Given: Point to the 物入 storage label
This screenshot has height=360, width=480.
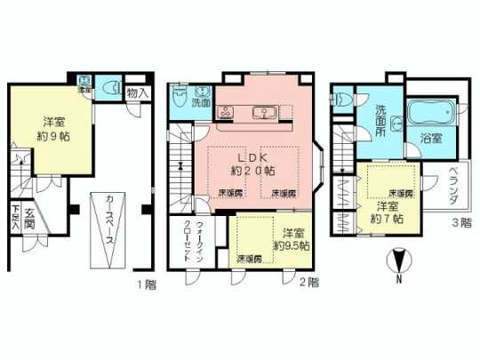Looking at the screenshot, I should [x=137, y=91].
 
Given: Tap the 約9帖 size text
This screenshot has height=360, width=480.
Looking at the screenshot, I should [x=53, y=138].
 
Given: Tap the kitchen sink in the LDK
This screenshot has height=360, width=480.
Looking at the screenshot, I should [x=264, y=112].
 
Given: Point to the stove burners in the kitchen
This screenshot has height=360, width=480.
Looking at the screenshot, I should [x=224, y=112].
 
